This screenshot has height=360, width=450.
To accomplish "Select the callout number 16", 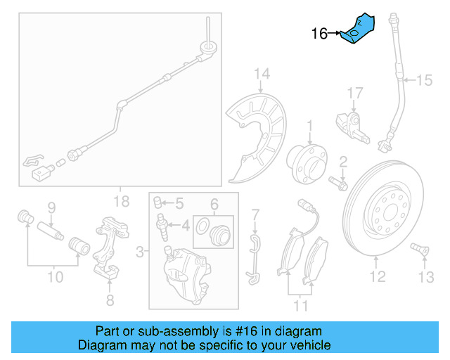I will [320, 33].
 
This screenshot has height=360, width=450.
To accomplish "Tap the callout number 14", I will [262, 74].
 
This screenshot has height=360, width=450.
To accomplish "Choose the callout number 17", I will [354, 92].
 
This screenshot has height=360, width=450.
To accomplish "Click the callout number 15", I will [424, 81].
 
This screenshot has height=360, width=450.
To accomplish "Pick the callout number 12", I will [378, 277].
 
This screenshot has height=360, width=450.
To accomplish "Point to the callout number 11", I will [301, 306].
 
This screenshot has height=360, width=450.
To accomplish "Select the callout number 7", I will [256, 213].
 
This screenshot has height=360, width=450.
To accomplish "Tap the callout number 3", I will [141, 250].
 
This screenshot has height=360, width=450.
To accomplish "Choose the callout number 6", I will [214, 205].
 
